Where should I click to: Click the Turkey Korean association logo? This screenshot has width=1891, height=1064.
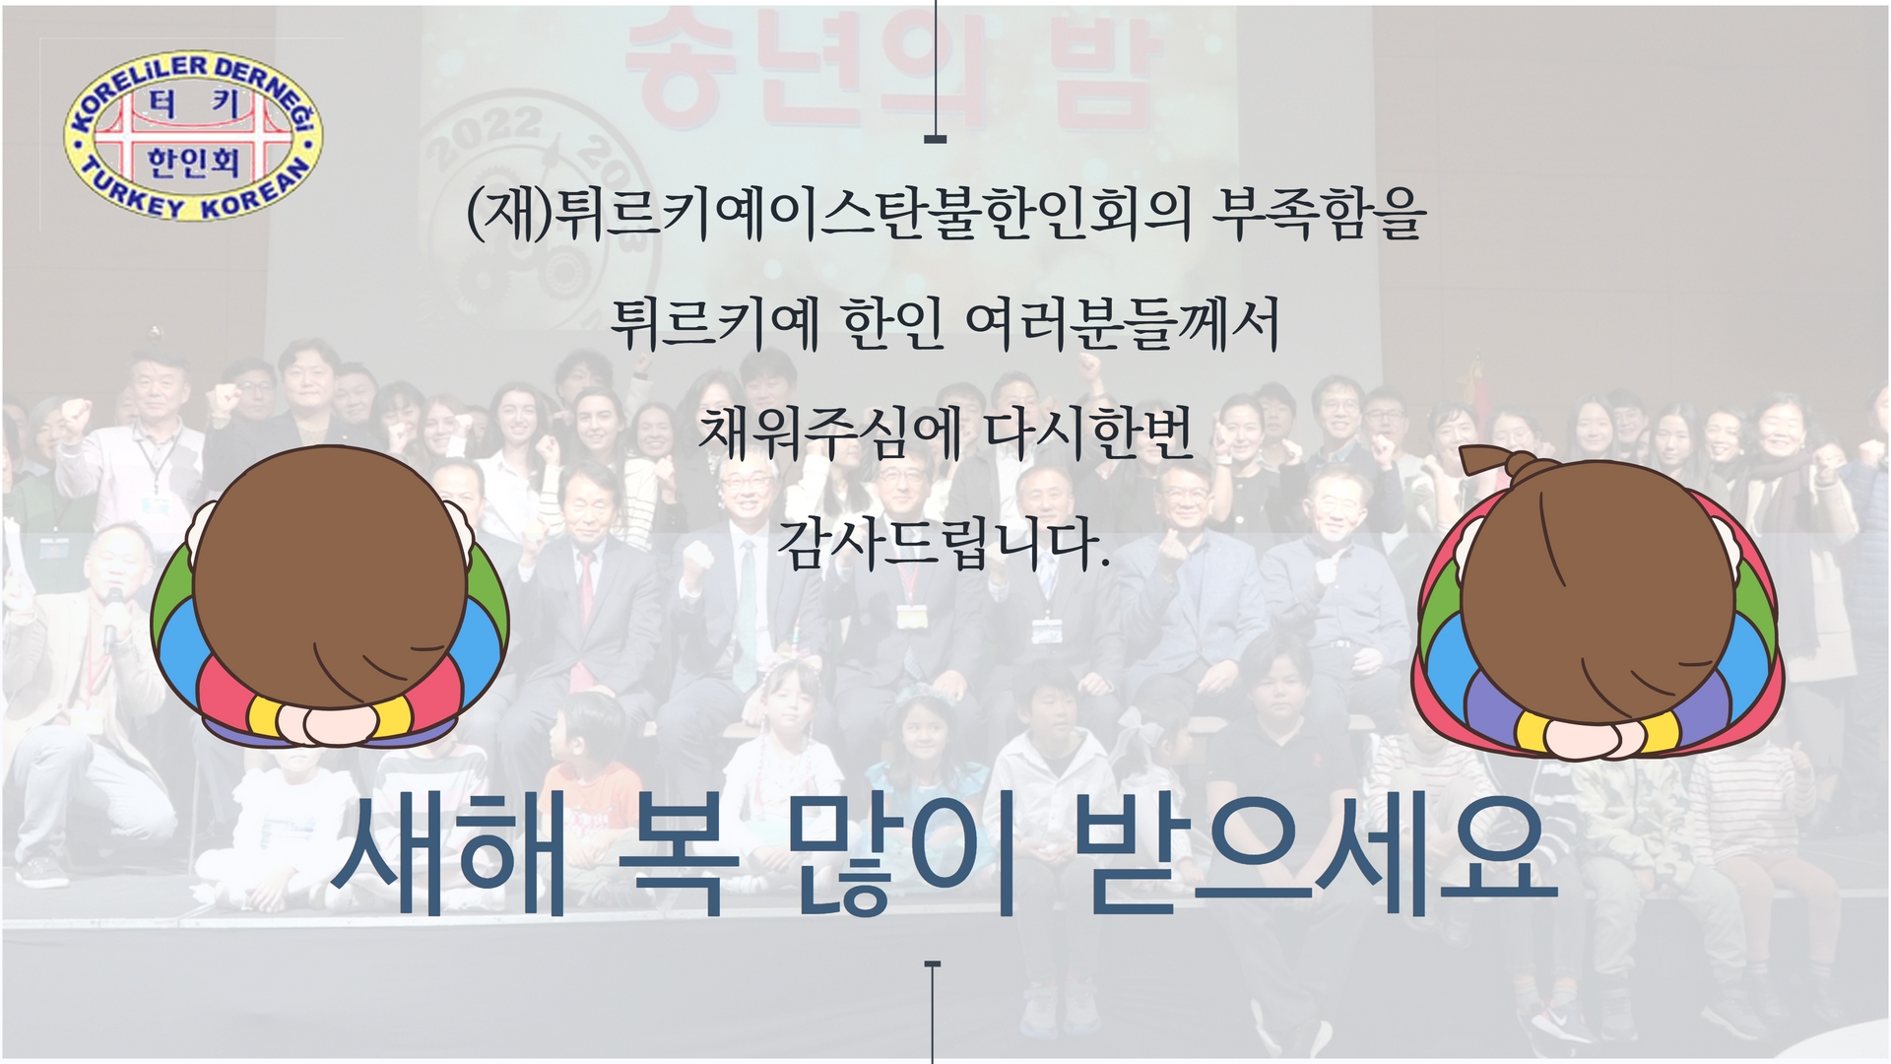(x=193, y=138)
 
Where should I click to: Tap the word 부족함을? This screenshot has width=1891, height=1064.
(x=1319, y=214)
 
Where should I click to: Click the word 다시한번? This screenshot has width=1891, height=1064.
(x=1089, y=433)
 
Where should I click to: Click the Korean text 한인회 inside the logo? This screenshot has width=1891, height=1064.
(x=193, y=161)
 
